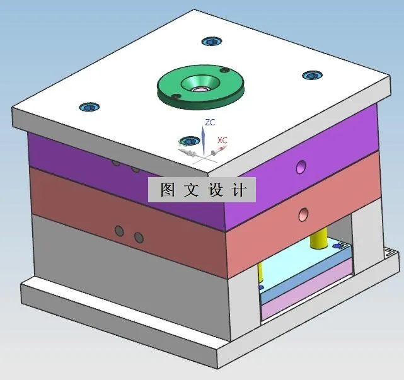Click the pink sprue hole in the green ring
point(197,88)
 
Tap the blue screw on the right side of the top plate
point(310,76)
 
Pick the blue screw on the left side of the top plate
point(87,107)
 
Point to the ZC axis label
point(211,122)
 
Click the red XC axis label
point(222,140)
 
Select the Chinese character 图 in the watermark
point(167,190)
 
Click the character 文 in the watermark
point(191,190)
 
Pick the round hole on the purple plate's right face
point(301,166)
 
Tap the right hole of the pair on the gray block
point(139,238)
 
